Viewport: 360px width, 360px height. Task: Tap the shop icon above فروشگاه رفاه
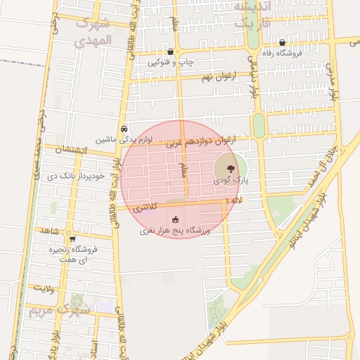[x=282, y=43]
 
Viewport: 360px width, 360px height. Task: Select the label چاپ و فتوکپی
[x=171, y=62]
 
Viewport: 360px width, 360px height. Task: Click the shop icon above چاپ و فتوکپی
[x=171, y=52]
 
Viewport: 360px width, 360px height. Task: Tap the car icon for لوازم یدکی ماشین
[x=124, y=129]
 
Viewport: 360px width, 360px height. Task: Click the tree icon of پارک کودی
[x=229, y=167]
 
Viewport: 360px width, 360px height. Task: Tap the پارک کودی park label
[x=232, y=180]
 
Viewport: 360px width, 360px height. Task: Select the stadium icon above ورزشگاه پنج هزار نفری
[x=175, y=220]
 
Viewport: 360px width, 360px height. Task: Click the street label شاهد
[x=50, y=231]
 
